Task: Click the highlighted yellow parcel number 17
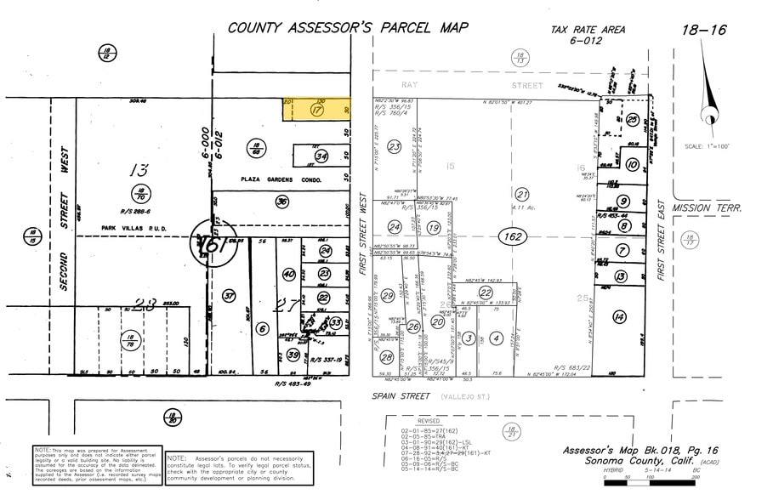click(317, 111)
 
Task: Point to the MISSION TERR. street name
click(707, 207)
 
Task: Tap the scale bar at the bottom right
click(649, 482)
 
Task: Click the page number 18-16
click(704, 30)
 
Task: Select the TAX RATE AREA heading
click(588, 30)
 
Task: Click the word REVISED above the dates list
click(428, 421)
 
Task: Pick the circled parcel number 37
click(229, 295)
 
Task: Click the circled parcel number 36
click(281, 202)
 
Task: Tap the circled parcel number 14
click(619, 317)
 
